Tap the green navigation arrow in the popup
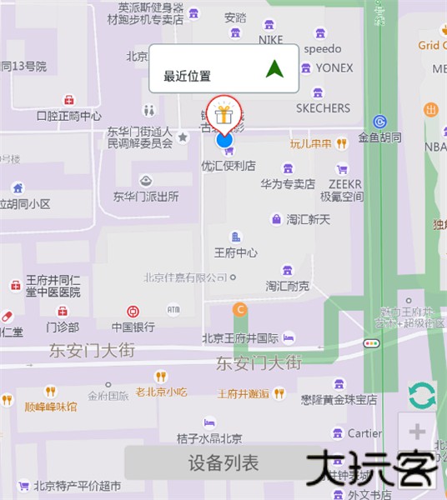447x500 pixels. [274, 68]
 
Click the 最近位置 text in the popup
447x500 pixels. [187, 76]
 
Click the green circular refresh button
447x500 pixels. [422, 395]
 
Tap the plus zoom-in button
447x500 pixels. [418, 432]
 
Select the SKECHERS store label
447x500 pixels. [323, 108]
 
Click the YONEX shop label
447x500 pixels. [334, 67]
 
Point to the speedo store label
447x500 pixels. [323, 48]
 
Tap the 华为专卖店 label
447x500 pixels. [288, 183]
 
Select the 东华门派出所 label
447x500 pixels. [146, 197]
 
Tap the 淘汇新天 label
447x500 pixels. [309, 219]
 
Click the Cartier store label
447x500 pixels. [364, 433]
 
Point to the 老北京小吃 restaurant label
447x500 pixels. [162, 392]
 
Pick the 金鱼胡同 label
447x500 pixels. [379, 137]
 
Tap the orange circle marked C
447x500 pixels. [240, 310]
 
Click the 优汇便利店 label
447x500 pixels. [228, 165]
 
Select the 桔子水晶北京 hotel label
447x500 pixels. [209, 438]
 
